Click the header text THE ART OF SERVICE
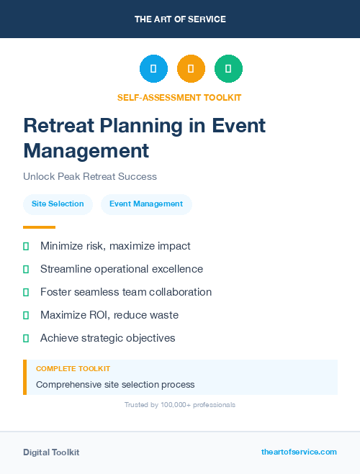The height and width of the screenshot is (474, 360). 180,19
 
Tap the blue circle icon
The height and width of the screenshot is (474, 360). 153,68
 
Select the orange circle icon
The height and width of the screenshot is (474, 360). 191,68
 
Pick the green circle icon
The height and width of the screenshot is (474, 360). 228,68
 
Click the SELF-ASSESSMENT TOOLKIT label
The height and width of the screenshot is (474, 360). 179,97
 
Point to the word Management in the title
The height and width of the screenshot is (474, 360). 86,150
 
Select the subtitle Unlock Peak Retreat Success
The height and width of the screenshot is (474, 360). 89,176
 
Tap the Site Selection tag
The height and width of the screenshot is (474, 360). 58,204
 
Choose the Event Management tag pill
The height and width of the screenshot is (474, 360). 146,204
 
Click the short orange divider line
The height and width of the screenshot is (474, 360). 39,227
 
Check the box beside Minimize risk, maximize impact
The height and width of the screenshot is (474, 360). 26,246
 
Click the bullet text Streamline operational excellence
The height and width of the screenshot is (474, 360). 122,269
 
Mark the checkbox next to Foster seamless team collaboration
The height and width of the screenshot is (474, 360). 26,292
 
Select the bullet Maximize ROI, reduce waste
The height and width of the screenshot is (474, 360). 109,315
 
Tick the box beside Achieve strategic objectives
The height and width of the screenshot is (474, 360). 26,338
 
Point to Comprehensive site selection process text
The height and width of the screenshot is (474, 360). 115,384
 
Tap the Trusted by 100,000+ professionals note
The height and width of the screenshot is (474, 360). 179,405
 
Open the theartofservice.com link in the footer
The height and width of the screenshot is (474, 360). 299,452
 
